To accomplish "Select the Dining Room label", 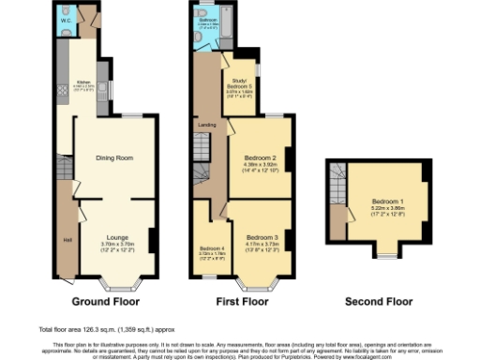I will [x=113, y=158].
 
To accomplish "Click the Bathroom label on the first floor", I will [x=209, y=18].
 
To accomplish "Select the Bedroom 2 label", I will [x=259, y=157].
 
